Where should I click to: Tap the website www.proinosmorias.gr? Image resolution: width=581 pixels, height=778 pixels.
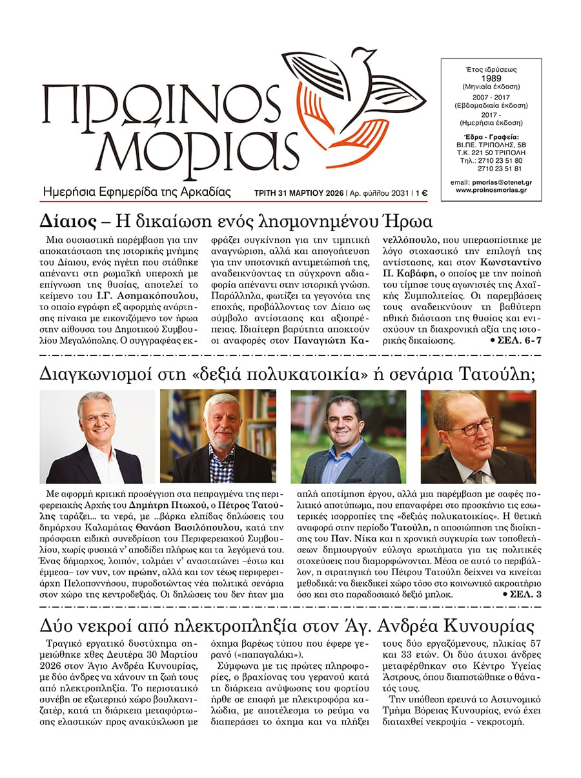coord(491,191)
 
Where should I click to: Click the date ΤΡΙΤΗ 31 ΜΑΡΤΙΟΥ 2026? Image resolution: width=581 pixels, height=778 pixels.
coord(299,192)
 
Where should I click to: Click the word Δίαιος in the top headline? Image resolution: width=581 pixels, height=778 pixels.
coord(63,220)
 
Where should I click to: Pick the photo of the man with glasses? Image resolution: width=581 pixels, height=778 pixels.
coord(478,437)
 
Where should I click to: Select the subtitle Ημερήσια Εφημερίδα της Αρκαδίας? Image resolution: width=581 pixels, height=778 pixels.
coord(136,191)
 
